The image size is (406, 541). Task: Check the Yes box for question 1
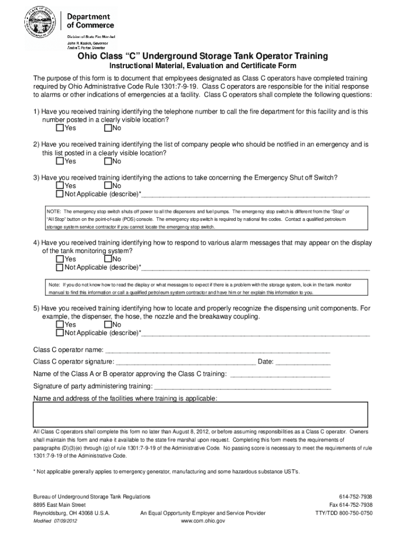pyautogui.click(x=60, y=128)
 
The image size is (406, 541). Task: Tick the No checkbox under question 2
pyautogui.click(x=108, y=161)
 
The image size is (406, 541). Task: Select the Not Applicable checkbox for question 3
pyautogui.click(x=60, y=194)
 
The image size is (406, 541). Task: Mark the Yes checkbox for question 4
pyautogui.click(x=60, y=259)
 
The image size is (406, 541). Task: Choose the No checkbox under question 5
pyautogui.click(x=108, y=324)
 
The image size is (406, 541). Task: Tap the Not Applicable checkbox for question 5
pyautogui.click(x=60, y=333)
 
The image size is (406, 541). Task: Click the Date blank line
pyautogui.click(x=303, y=362)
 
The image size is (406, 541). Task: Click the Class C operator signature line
pyautogui.click(x=185, y=362)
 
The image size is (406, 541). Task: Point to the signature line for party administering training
pyautogui.click(x=243, y=386)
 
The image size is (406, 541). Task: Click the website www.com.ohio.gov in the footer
pyautogui.click(x=203, y=520)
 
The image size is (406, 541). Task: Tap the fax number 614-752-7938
pyautogui.click(x=350, y=505)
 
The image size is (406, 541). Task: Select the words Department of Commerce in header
pyautogui.click(x=90, y=21)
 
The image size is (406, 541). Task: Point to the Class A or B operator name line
pyautogui.click(x=281, y=374)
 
